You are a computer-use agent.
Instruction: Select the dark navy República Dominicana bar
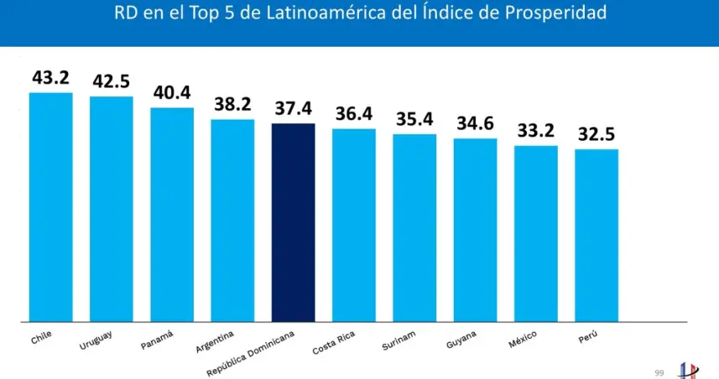click(294, 222)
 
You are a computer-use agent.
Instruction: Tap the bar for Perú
click(597, 235)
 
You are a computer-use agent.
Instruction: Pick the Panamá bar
click(172, 214)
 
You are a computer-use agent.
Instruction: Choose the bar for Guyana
click(476, 229)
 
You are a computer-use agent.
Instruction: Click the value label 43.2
click(51, 78)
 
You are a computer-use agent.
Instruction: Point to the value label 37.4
click(294, 109)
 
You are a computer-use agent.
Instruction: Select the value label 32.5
click(597, 134)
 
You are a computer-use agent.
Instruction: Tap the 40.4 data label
click(172, 93)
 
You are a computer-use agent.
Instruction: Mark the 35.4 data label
click(414, 119)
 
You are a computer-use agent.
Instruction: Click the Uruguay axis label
click(96, 340)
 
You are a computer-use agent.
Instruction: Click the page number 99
click(659, 369)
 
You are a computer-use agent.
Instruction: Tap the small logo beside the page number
click(687, 368)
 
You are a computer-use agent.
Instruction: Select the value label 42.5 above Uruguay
click(112, 82)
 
